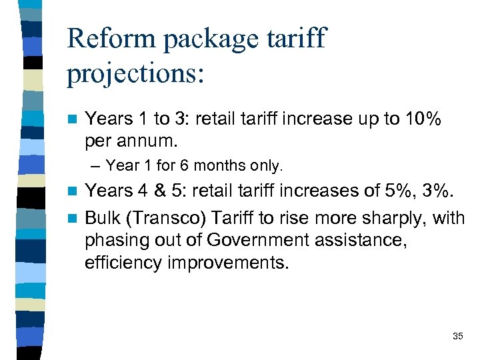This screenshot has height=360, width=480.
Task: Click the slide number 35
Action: tap(457, 336)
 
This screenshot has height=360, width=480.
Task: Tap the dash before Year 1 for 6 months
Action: tap(98, 165)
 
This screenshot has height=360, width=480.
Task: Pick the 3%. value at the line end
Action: tap(439, 191)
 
